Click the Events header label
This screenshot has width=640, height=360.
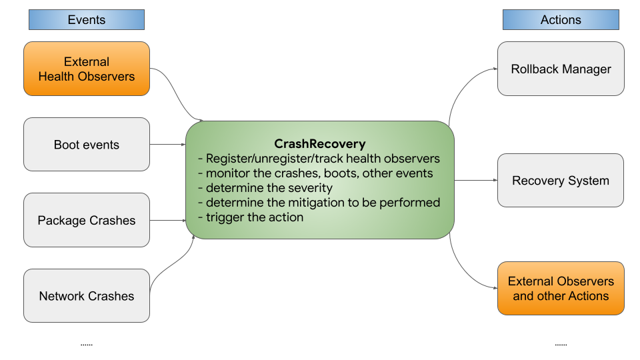click(87, 20)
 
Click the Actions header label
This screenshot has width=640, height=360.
click(561, 20)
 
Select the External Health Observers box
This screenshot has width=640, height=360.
click(87, 69)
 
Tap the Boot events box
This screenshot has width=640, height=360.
click(87, 145)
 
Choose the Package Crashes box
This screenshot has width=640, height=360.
click(87, 220)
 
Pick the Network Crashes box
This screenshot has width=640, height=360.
click(87, 296)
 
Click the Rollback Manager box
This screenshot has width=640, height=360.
click(561, 69)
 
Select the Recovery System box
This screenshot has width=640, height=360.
click(561, 180)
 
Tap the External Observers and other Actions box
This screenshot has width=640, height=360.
click(561, 288)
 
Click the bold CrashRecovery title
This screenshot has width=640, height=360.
click(320, 143)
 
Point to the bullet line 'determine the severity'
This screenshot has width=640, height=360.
click(269, 187)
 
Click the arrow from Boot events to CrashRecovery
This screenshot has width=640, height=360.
click(167, 145)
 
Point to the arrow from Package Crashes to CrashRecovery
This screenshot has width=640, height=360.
click(167, 220)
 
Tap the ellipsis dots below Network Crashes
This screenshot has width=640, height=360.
click(87, 345)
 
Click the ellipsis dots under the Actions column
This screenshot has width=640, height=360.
click(561, 345)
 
